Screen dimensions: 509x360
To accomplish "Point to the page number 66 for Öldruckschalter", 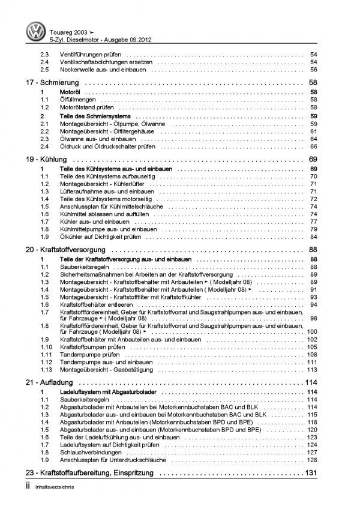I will coord(313,146).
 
